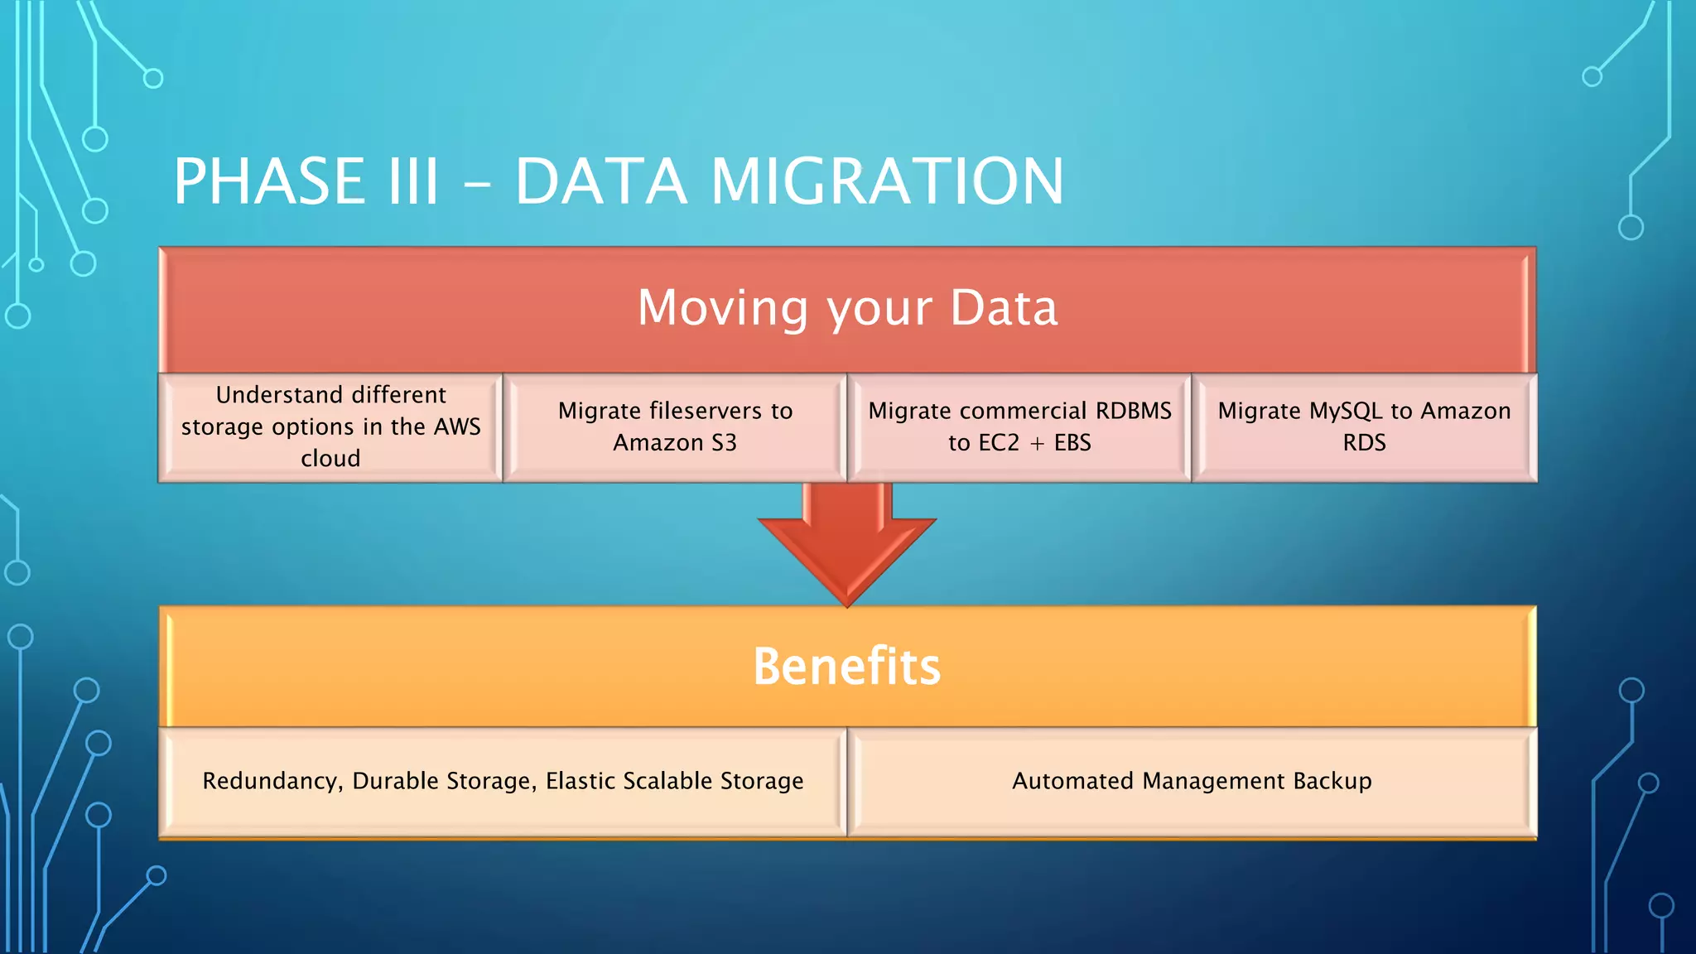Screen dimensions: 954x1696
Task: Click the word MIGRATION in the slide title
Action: tap(886, 181)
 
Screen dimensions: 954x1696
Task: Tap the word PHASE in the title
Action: tap(269, 181)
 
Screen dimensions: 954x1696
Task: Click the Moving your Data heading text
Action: tap(847, 308)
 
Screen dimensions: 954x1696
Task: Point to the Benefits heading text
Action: tap(846, 666)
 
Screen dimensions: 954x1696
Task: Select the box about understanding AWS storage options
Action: tap(330, 426)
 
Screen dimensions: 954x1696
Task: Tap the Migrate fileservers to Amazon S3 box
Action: tap(675, 426)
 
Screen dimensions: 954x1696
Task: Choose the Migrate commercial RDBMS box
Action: tap(1019, 426)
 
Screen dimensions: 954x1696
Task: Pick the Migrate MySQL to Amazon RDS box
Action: tap(1364, 426)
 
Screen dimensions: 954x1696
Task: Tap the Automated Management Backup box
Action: tap(1192, 781)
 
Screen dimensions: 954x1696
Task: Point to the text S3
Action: tap(724, 443)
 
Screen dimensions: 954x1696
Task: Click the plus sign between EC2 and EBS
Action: tap(1037, 444)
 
